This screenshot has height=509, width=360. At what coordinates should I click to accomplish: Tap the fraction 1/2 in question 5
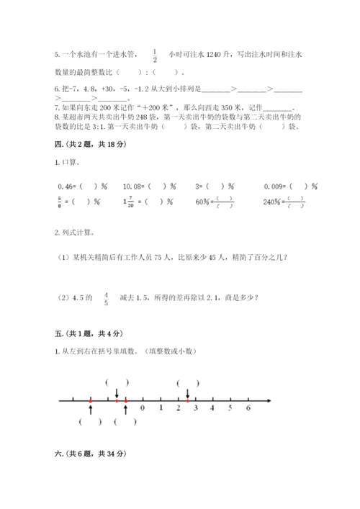[x=155, y=54]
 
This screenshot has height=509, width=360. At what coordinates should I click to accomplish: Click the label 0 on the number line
[x=143, y=408]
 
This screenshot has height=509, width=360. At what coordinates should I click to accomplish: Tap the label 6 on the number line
[x=248, y=408]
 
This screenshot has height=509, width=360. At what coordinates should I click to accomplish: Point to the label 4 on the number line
[x=212, y=408]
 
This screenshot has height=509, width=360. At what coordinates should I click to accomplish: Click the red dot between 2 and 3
[x=188, y=400]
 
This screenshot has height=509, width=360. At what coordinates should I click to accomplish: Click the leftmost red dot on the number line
[x=90, y=400]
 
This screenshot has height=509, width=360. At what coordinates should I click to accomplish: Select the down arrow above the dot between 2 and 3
[x=188, y=392]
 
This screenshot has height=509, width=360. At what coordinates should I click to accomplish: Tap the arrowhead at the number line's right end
[x=269, y=400]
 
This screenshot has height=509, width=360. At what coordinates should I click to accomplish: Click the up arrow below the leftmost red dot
[x=90, y=408]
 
